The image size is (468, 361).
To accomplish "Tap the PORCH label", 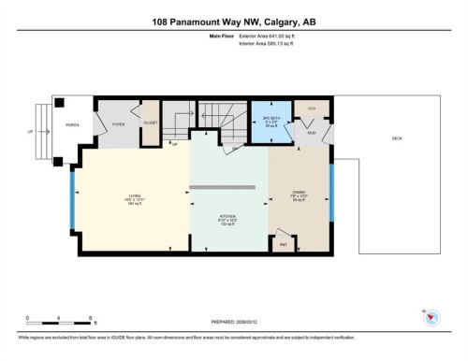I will point(71,123).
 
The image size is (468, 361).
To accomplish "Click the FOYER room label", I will point(119,123).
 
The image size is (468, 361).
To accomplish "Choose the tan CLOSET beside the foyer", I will point(151,123).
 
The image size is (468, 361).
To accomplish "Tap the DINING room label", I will point(300,197).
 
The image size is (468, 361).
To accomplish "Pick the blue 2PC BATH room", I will point(271,122).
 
